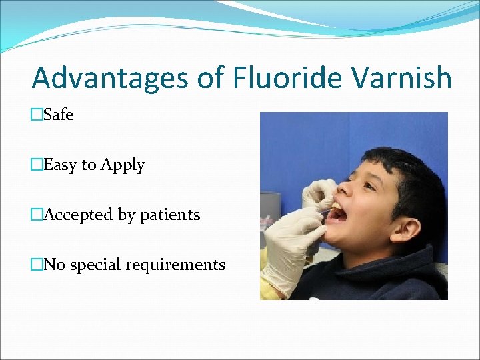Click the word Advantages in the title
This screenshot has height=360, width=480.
(110, 78)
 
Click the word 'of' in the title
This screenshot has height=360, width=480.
(211, 78)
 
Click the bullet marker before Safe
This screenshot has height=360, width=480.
(37, 115)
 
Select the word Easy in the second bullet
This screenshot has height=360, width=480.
(60, 165)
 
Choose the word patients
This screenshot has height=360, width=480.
(170, 215)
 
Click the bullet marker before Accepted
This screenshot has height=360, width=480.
(37, 215)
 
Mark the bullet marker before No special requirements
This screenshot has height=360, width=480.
(37, 265)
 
